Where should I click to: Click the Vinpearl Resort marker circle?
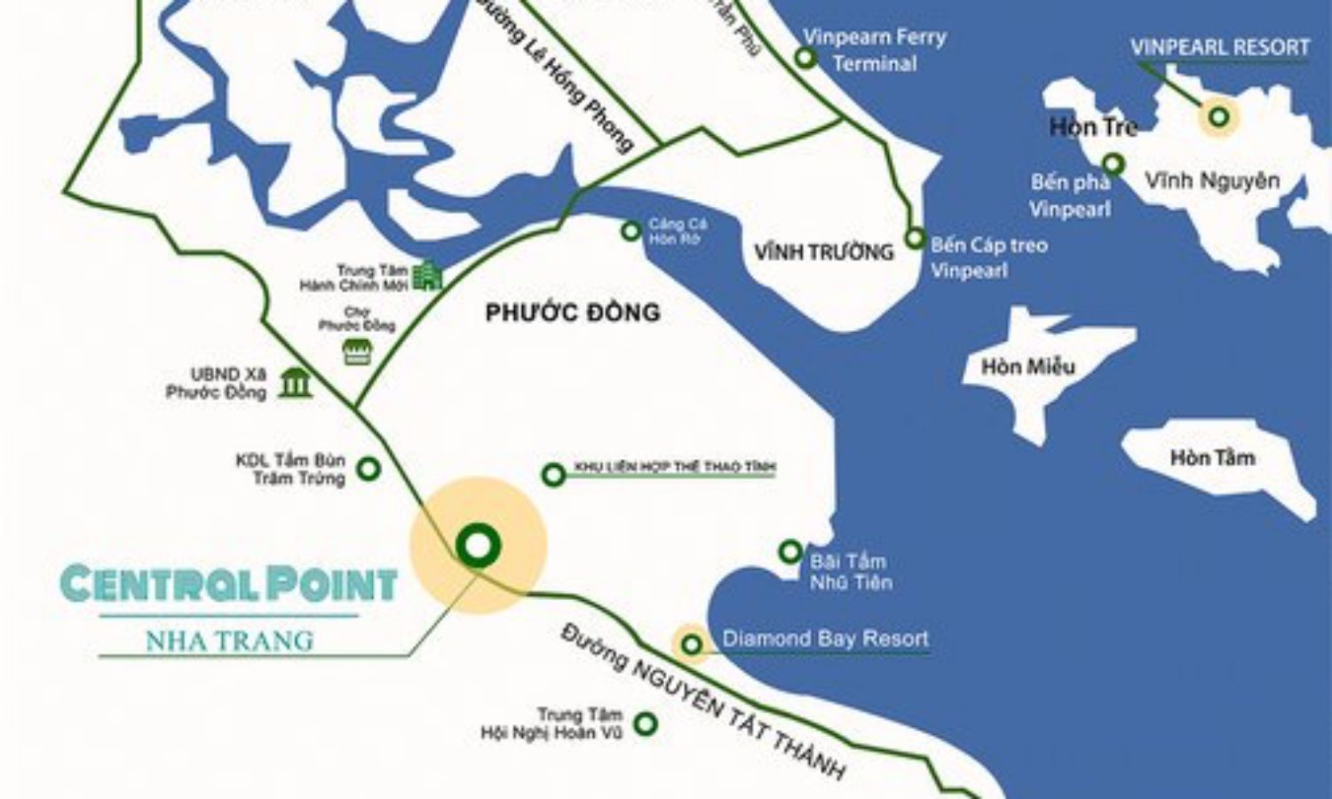point(1219,116)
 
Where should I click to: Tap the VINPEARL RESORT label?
point(1220,47)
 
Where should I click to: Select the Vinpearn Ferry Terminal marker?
point(805,59)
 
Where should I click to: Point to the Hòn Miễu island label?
point(1027,366)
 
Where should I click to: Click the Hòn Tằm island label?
point(1212,458)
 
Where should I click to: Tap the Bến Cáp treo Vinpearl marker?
point(915,238)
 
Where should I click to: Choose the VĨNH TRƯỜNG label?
point(823,252)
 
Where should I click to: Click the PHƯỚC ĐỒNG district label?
point(573,312)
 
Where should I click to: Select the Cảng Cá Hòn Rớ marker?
point(630,231)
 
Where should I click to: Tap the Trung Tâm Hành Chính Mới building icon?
point(428,275)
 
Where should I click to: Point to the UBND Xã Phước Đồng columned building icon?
point(295,383)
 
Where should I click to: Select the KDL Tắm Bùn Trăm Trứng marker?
point(369,469)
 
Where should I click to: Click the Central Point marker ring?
point(478,546)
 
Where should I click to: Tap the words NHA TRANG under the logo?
point(229,640)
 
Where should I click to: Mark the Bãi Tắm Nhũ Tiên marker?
point(789,552)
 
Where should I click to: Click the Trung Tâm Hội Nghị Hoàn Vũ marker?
point(646,724)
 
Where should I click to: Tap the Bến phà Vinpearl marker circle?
point(1114,164)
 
